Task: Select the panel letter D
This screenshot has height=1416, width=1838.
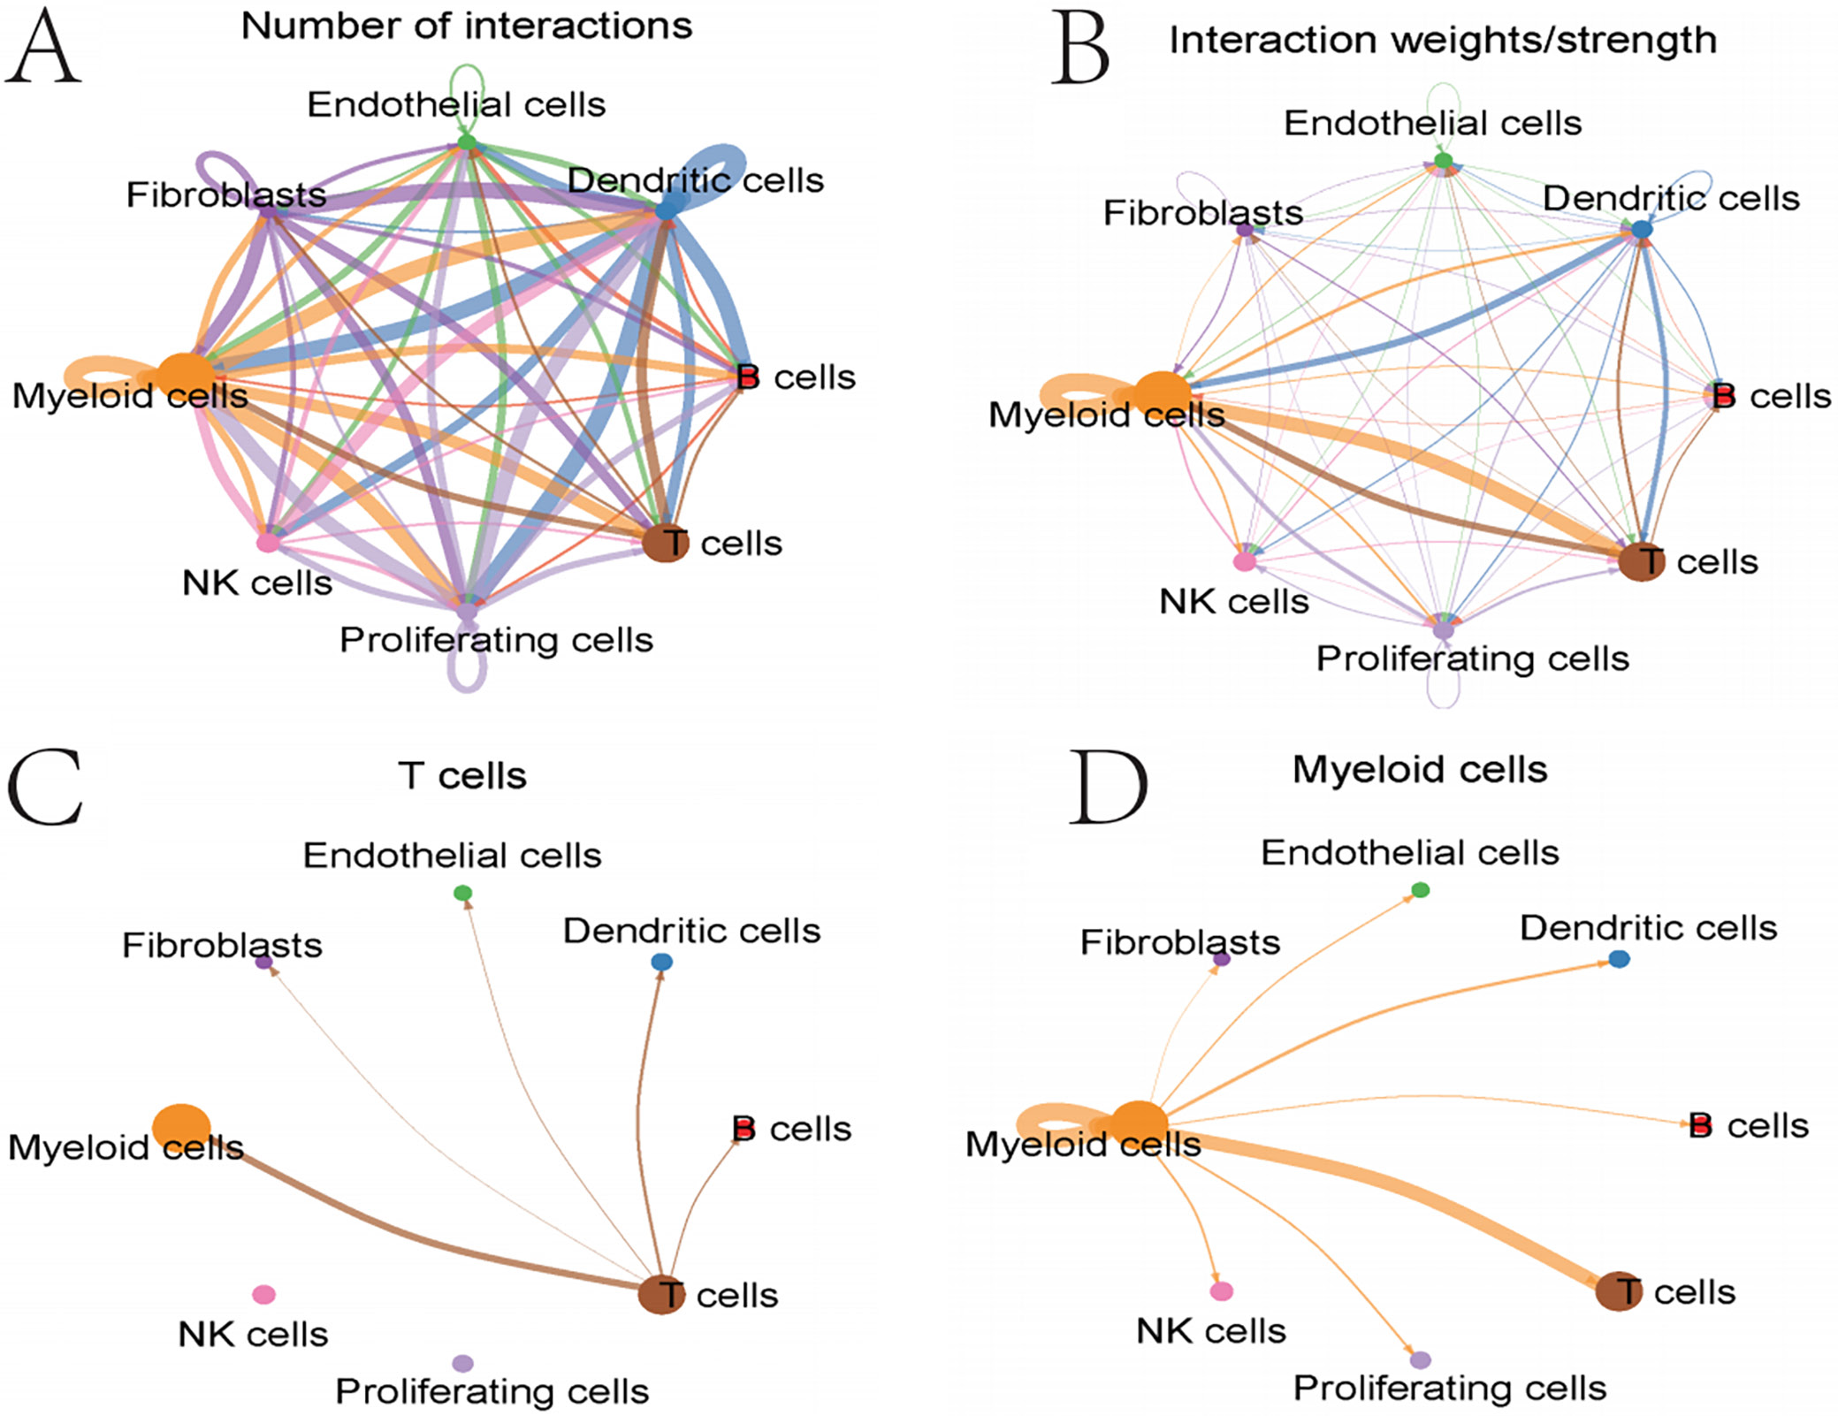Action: [1108, 787]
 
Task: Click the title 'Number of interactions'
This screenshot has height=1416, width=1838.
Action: [467, 26]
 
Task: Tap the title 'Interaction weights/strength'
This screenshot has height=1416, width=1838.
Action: [1443, 40]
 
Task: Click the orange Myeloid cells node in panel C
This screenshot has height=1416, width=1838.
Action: [181, 1126]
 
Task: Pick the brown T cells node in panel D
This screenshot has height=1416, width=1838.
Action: [1618, 1291]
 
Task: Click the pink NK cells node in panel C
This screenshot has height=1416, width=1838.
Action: [263, 1294]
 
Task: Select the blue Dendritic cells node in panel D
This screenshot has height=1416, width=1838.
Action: [1619, 959]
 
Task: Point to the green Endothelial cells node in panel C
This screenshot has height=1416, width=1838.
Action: [462, 894]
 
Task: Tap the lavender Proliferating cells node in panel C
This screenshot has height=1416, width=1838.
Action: [462, 1363]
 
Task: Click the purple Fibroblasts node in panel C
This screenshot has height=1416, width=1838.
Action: [263, 962]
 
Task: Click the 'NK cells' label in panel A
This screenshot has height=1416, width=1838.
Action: [257, 583]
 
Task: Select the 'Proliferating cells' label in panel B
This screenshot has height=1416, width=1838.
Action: [1472, 659]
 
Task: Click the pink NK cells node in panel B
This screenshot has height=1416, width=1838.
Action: [1244, 561]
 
